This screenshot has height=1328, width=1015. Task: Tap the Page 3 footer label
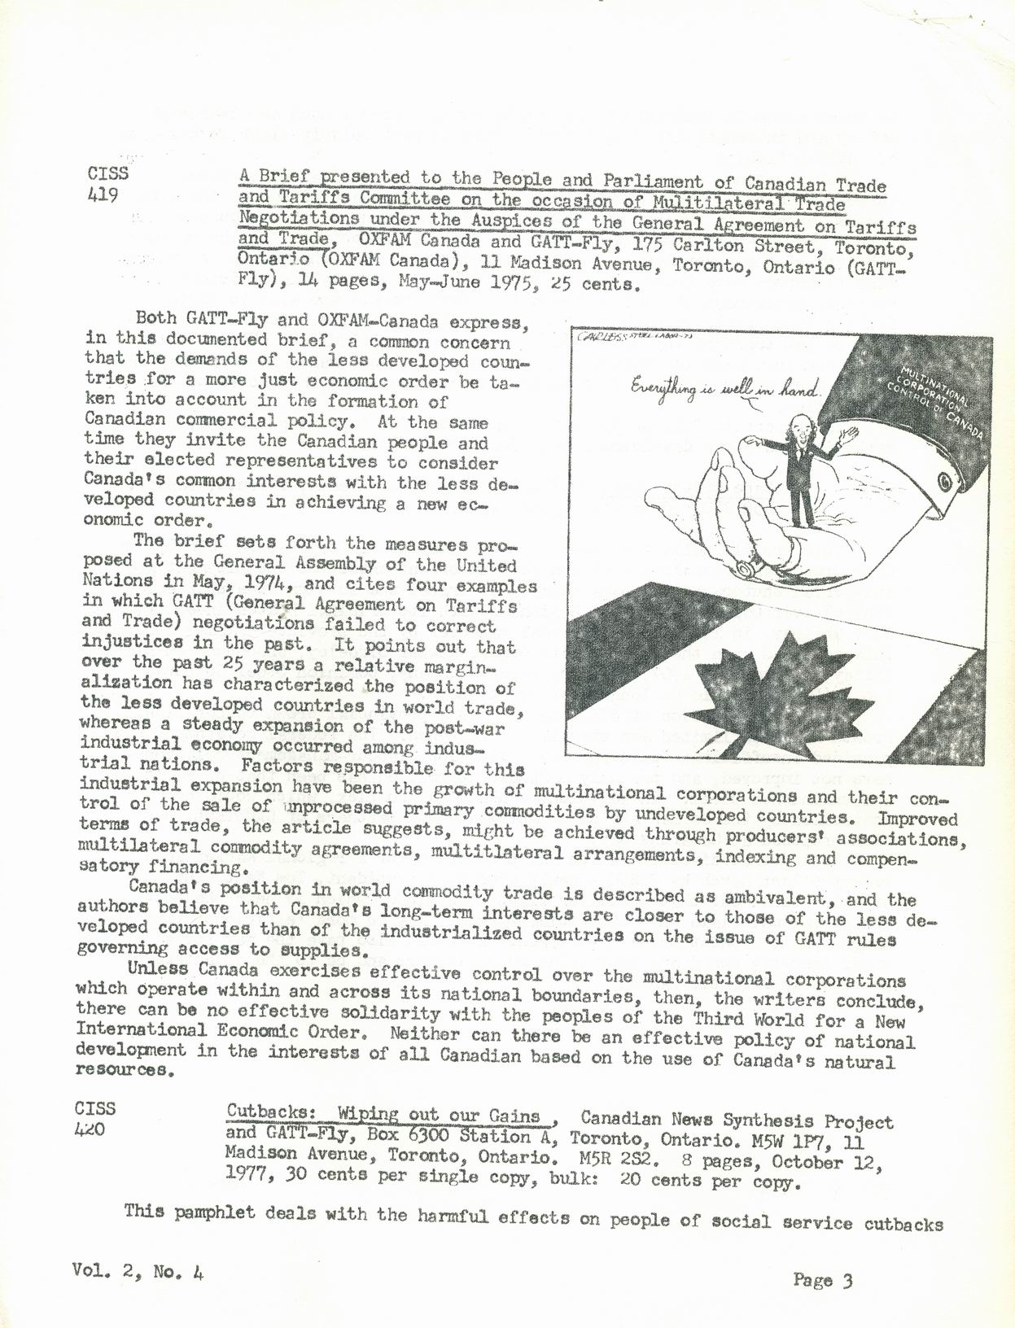click(823, 1281)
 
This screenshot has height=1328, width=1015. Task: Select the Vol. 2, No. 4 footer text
click(137, 1271)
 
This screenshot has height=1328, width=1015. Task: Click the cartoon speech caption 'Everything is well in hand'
click(724, 391)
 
